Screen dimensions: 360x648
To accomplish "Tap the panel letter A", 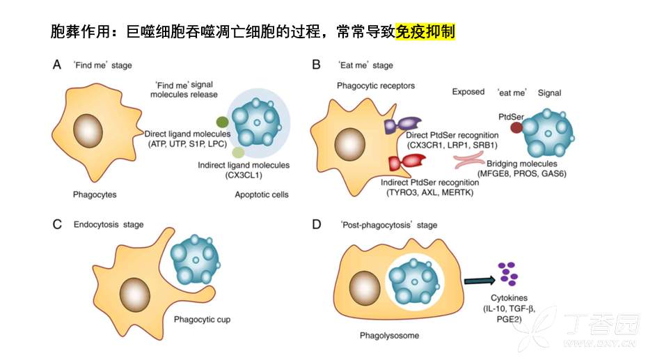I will [x=57, y=65].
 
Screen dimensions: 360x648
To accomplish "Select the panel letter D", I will [x=317, y=224].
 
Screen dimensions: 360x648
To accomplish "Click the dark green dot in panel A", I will [x=222, y=122].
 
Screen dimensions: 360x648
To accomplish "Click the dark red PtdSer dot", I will [x=516, y=128].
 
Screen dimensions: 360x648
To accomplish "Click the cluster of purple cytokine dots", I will [x=509, y=273].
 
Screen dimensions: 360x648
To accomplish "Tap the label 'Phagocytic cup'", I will [x=202, y=320].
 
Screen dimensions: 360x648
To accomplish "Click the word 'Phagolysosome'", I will [x=390, y=336].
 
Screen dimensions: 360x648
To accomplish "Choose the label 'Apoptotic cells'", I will [x=262, y=194].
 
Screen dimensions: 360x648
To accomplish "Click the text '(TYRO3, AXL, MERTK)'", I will [x=429, y=191].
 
